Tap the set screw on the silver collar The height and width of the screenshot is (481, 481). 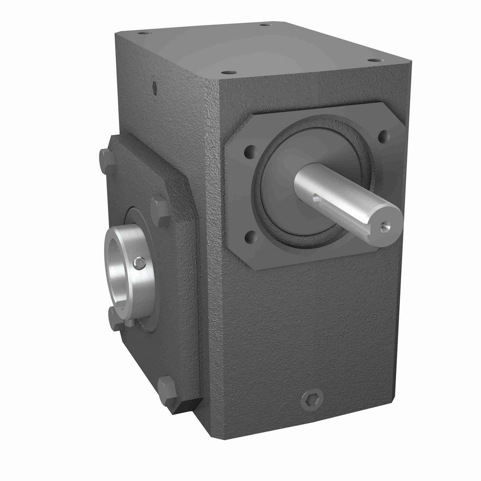(139, 263)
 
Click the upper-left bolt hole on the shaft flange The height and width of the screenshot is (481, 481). (251, 152)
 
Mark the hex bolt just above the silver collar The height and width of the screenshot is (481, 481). (159, 209)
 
